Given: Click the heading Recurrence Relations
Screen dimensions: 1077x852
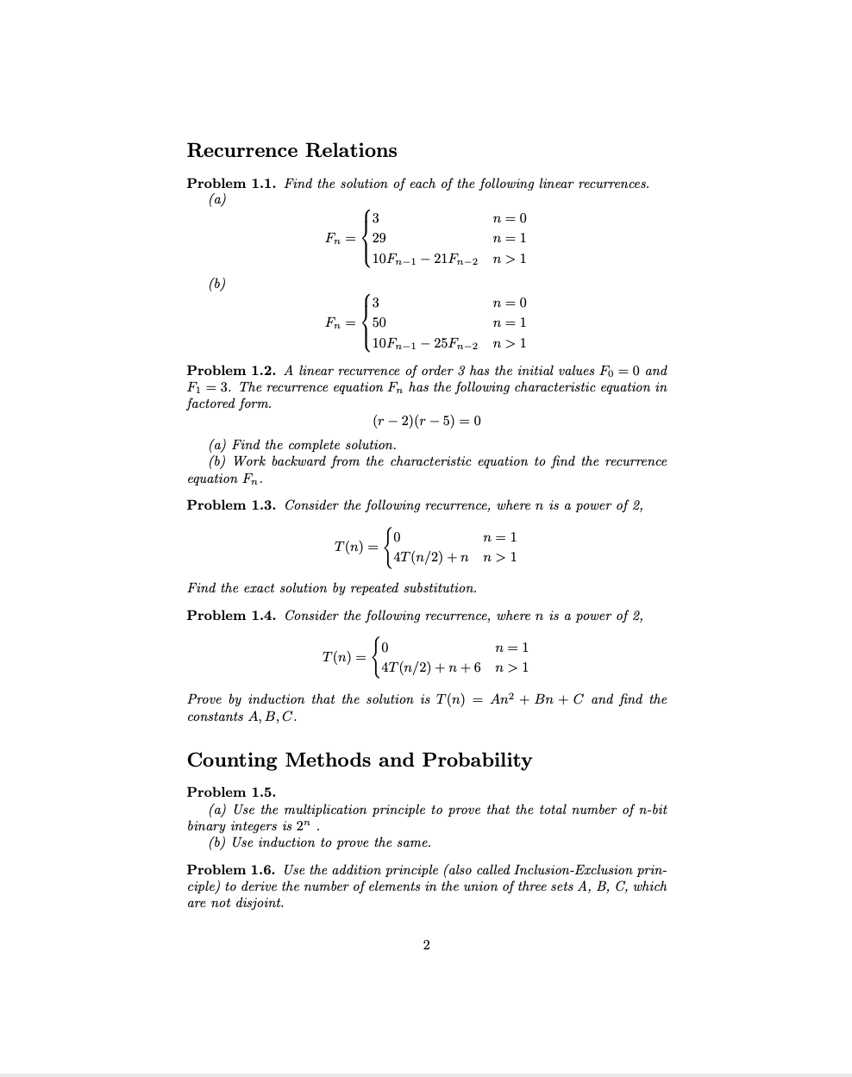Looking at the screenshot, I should coord(291,150).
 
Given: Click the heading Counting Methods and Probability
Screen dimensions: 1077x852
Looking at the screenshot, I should coord(359,760).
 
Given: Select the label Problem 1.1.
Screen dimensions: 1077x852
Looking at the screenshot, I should coord(231,184).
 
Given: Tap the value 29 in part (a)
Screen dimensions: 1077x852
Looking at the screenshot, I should coord(379,238).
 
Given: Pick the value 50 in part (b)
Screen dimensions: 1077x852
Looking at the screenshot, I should coord(379,322).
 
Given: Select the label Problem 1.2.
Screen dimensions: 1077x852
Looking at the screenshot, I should coord(231,371).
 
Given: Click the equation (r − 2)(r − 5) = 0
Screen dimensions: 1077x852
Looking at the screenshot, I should coord(426,421).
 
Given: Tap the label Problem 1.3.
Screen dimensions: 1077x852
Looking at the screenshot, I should coord(231,505).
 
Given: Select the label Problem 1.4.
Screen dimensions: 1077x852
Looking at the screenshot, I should coord(231,616).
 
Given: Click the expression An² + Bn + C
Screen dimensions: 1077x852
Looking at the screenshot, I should coord(536,699).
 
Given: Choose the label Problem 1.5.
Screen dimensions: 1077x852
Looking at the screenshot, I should coord(231,792).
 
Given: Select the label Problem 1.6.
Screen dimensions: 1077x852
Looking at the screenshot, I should coord(231,870).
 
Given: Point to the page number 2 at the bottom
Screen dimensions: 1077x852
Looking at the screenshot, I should coord(426,945).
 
